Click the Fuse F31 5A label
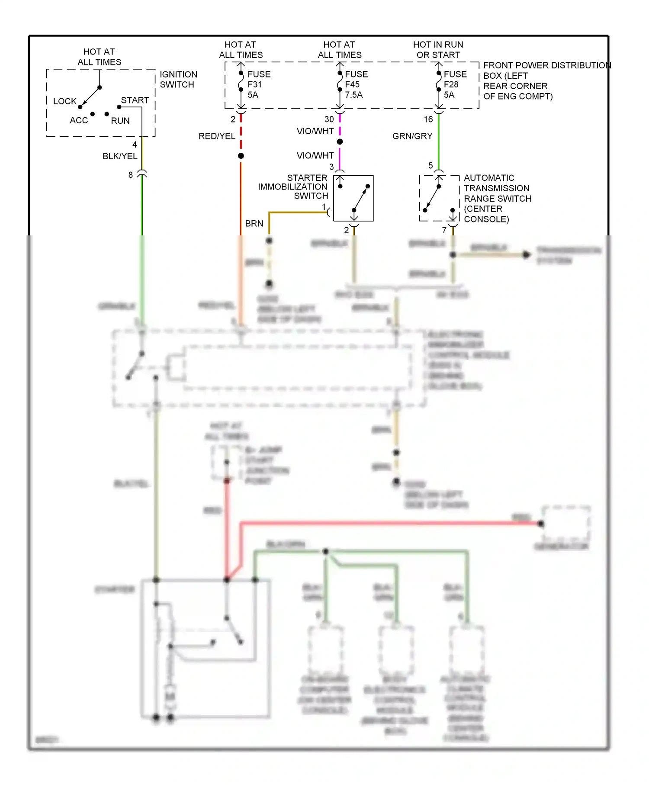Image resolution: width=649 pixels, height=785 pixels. (258, 84)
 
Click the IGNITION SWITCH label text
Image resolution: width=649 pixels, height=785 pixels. (178, 80)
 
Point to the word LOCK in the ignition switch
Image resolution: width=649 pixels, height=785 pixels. (64, 101)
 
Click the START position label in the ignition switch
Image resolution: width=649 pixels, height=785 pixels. (135, 100)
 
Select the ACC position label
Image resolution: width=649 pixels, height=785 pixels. (79, 120)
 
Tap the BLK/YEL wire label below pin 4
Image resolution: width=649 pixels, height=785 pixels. (119, 156)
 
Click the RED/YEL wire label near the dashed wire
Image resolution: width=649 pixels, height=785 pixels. (217, 136)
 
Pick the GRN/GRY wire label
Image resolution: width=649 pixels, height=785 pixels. (412, 136)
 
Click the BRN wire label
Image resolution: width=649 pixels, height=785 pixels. (254, 224)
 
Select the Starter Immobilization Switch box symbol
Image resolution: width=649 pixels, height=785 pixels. (353, 198)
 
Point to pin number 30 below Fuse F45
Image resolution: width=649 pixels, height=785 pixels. (329, 119)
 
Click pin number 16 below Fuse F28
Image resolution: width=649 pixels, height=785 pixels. (428, 119)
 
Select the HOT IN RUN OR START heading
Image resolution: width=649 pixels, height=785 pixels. (438, 50)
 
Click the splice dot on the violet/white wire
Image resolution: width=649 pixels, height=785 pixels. (340, 142)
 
